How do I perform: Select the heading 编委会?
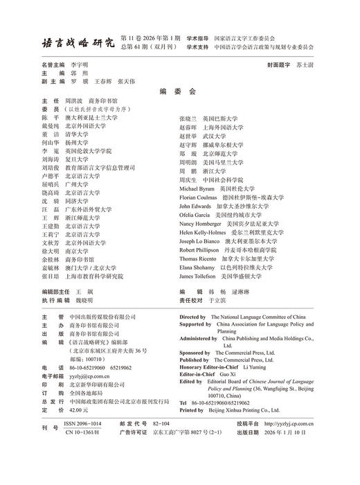pos(178,91)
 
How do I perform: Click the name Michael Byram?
pos(197,188)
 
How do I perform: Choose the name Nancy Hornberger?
pos(201,224)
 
